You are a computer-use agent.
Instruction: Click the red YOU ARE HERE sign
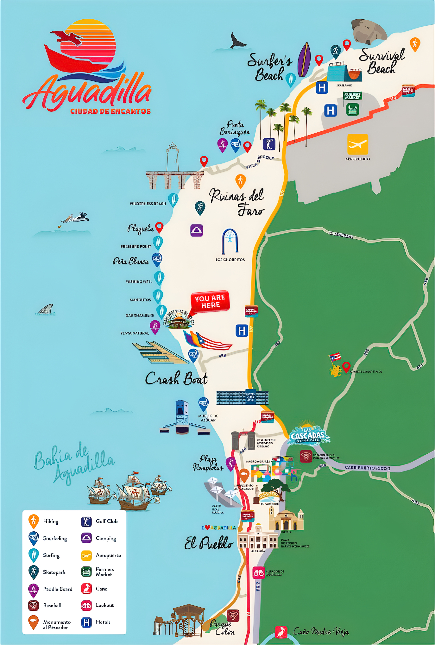pos(210,301)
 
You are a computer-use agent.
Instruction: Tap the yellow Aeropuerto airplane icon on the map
pos(357,145)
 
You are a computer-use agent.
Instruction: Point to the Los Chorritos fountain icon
pos(230,242)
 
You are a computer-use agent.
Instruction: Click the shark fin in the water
pos(46,310)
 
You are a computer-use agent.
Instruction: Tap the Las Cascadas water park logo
pos(307,435)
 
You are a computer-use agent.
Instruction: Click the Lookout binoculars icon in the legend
pos(86,605)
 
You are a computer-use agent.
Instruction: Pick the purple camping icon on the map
pos(196,231)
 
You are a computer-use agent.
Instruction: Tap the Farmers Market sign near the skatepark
pos(352,96)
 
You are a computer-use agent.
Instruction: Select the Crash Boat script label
pos(176,378)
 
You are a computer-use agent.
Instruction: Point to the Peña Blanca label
pos(131,261)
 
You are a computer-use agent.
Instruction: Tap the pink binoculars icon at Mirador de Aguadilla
pos(258,573)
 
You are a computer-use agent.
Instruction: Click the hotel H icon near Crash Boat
pos(242,331)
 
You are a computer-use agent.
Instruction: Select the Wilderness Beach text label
pos(148,204)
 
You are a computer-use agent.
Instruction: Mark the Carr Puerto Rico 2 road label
pos(367,468)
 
